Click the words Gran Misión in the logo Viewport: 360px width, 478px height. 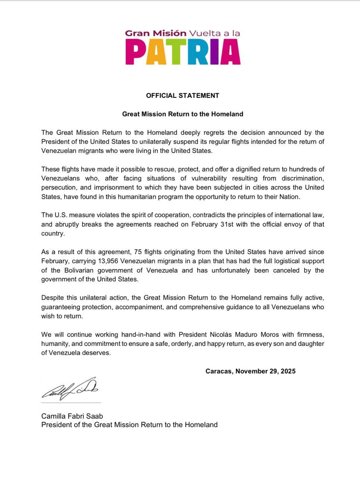pyautogui.click(x=156, y=33)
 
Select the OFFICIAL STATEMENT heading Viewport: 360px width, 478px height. pyautogui.click(x=182, y=96)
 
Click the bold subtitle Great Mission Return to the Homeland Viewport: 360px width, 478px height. pyautogui.click(x=182, y=114)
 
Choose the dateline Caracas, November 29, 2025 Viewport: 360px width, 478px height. pyautogui.click(x=250, y=371)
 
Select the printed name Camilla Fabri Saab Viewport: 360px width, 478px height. pyautogui.click(x=72, y=416)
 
